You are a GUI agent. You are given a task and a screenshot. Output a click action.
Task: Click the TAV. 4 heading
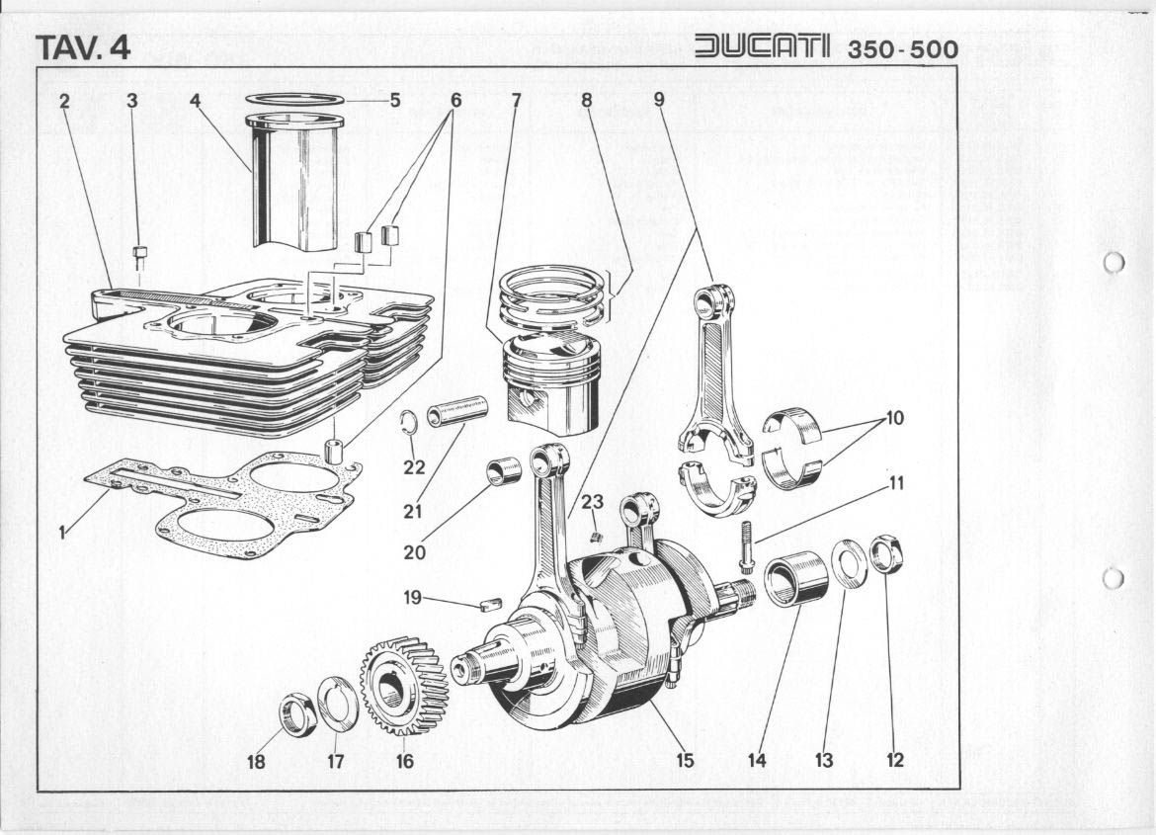(x=82, y=46)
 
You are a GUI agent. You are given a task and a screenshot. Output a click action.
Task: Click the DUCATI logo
(x=764, y=46)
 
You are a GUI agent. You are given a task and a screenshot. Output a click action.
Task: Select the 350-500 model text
(x=902, y=48)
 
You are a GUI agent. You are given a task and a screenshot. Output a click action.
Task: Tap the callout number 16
(x=404, y=761)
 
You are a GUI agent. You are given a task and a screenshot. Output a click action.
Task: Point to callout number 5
(x=394, y=100)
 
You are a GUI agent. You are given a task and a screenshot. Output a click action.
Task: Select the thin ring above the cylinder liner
(x=294, y=100)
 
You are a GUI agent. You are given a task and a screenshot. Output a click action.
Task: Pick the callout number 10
(x=894, y=418)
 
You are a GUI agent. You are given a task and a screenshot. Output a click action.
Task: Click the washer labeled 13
(x=848, y=563)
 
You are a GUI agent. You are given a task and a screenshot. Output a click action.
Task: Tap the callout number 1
(x=61, y=534)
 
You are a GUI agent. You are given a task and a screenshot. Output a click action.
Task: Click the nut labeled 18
(x=295, y=714)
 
